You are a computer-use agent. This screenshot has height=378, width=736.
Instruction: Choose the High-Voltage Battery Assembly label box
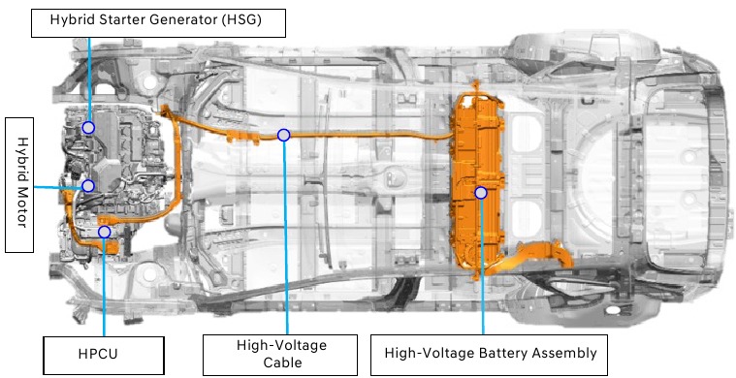point(490,353)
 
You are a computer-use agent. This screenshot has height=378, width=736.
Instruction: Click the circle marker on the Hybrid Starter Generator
point(88,127)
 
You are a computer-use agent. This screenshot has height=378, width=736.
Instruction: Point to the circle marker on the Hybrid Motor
point(88,185)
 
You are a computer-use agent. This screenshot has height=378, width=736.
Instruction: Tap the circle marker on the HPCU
point(104,233)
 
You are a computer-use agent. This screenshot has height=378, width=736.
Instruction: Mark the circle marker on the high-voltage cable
point(283,135)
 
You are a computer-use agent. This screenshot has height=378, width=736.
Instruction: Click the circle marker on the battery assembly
point(481,193)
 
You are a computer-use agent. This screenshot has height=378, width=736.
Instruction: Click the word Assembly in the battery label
point(560,353)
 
